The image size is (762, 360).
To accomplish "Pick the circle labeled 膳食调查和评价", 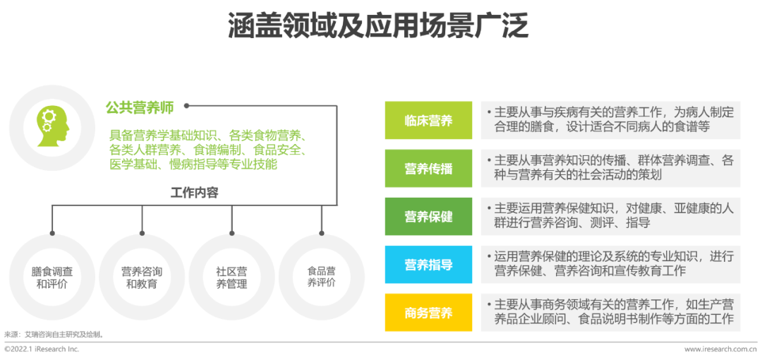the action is pos(52,277).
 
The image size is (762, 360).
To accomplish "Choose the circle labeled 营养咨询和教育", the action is pos(142,277).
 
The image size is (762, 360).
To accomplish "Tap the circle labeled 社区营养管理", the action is pos(231,277).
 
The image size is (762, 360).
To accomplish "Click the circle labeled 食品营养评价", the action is pos(321,277).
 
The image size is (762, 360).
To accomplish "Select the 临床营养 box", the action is pos(428,121).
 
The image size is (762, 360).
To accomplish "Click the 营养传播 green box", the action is pos(428,169).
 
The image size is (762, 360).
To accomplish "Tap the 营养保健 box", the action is pos(428,217).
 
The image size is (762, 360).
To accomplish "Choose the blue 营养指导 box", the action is pos(428,265).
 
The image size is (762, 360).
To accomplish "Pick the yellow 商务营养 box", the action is pos(428,313).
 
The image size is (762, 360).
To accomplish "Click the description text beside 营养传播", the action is pos(610,168).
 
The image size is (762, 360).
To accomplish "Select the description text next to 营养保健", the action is pos(610,216).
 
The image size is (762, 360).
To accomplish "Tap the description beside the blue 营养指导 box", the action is pos(610,264).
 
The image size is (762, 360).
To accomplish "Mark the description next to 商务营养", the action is pos(610,312).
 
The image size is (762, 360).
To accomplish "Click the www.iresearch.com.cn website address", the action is pos(720,349).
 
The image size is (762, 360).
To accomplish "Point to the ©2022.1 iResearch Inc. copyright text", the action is pos(42,349).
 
